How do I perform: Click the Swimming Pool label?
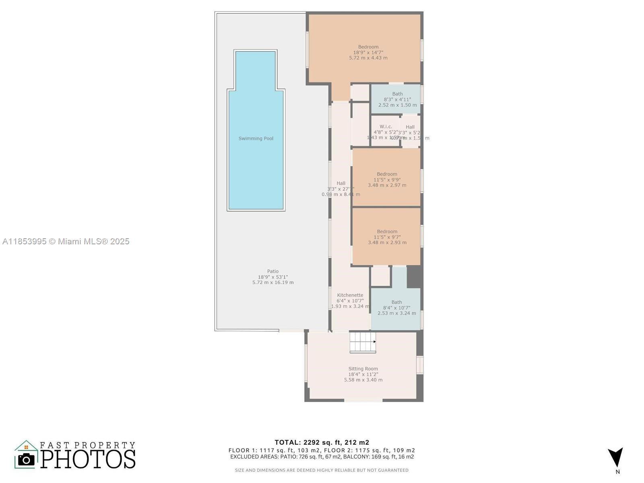(x=256, y=138)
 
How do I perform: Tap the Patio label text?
(x=272, y=271)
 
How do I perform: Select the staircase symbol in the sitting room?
(x=362, y=342)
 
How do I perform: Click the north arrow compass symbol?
(x=616, y=458)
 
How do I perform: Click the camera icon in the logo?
(x=27, y=459)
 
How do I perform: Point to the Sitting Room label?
(x=363, y=369)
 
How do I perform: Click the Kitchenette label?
(x=350, y=295)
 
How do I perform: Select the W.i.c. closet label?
(x=385, y=127)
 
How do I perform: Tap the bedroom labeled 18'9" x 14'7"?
(x=368, y=52)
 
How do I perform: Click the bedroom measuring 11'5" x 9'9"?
(x=386, y=180)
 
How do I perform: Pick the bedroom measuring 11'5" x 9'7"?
(x=387, y=237)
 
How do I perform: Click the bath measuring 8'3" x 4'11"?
(x=397, y=99)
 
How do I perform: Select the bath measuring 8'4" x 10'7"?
(x=396, y=308)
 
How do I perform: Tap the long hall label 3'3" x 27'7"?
(x=341, y=188)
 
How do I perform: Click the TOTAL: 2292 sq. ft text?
(x=322, y=442)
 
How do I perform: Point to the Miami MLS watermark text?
(x=66, y=241)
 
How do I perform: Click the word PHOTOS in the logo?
(x=88, y=459)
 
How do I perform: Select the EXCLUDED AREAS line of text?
(x=322, y=457)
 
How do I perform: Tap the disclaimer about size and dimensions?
(x=322, y=470)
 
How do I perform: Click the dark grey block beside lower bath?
(x=414, y=277)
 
